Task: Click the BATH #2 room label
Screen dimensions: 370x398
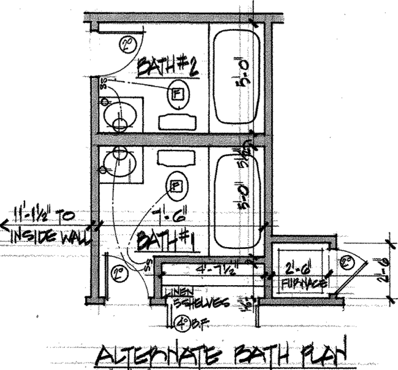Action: click(x=167, y=66)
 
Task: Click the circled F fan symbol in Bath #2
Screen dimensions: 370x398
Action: click(x=177, y=93)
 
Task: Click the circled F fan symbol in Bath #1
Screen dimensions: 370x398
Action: click(x=176, y=186)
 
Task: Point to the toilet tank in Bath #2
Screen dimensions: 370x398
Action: click(x=176, y=121)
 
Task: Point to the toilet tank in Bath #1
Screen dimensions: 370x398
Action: click(x=176, y=159)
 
